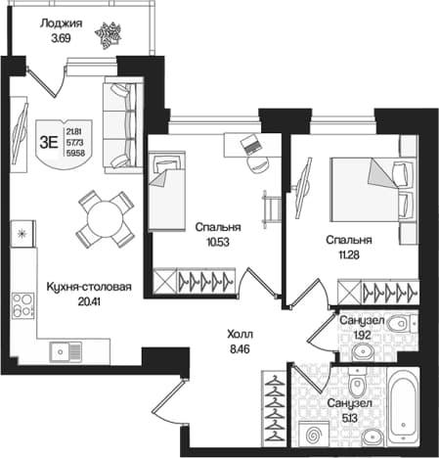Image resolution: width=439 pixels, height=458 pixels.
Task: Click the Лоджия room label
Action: click(x=61, y=23)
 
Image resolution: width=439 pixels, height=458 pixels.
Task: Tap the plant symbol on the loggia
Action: click(x=108, y=35)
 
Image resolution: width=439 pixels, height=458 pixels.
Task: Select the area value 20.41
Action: click(x=89, y=301)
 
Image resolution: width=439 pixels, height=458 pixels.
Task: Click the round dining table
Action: click(x=105, y=219)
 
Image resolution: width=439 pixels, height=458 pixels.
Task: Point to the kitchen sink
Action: click(x=66, y=351)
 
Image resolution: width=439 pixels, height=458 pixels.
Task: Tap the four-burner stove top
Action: click(x=22, y=305)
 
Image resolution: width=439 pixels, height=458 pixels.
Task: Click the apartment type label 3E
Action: click(x=49, y=143)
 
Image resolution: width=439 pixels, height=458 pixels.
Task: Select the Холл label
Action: click(x=241, y=335)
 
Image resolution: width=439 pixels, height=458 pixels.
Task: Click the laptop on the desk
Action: click(x=250, y=144)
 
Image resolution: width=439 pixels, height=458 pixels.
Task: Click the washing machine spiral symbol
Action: click(x=314, y=435)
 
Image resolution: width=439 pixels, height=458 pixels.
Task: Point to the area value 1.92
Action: click(x=362, y=335)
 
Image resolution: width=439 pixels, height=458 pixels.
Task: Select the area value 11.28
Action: click(x=349, y=254)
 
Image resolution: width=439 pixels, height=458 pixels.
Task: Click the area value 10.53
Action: click(x=218, y=242)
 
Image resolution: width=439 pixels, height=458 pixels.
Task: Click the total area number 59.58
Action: click(x=75, y=153)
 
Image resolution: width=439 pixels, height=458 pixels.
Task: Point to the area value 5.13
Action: click(x=350, y=418)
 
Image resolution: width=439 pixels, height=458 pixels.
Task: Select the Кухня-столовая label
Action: click(x=89, y=287)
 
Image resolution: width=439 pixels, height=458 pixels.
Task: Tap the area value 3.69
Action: click(x=61, y=38)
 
